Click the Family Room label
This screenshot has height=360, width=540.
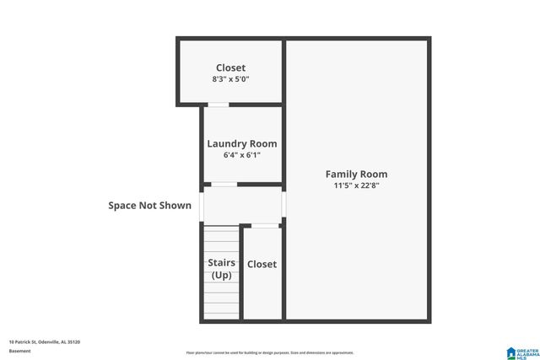(357, 175)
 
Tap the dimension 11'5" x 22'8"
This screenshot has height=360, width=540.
(357, 185)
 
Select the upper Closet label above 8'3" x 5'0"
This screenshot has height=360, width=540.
(230, 67)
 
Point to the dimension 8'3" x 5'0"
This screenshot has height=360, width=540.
(230, 78)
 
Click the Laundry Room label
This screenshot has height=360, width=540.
(242, 143)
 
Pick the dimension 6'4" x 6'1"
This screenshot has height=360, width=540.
(242, 155)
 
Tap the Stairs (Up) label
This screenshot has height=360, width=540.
(221, 269)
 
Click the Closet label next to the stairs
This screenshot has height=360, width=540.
(262, 264)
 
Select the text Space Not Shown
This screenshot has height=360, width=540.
(149, 205)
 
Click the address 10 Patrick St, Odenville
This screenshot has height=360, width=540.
(45, 341)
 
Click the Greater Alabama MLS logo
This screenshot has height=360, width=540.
(521, 352)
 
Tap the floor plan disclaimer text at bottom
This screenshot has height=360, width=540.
(270, 352)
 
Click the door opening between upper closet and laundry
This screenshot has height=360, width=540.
(219, 105)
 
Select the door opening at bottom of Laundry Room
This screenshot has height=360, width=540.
(224, 184)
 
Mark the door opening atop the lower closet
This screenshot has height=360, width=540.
(265, 225)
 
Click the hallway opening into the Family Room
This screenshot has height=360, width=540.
(284, 204)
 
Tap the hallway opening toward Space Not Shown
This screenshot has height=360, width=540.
(202, 204)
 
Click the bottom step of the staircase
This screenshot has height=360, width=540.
(221, 314)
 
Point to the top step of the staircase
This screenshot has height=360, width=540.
(221, 228)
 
